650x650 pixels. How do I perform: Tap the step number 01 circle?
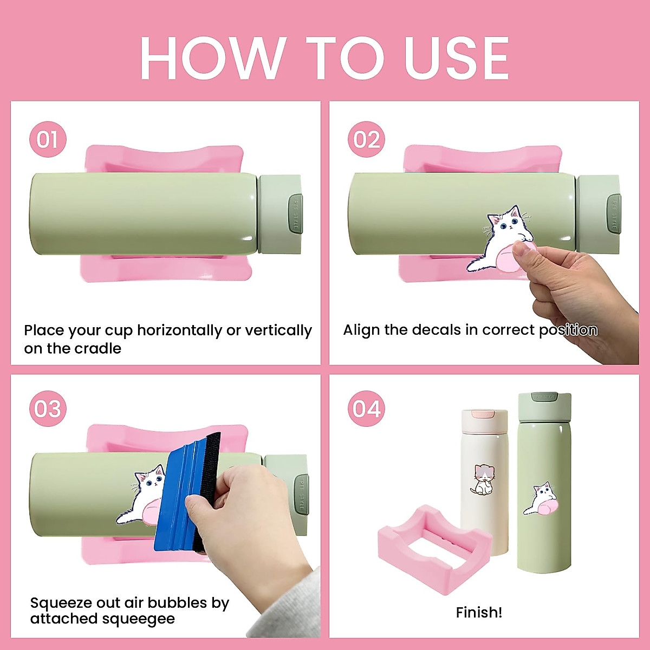pos(48,139)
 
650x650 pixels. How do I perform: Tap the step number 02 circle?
pos(366,139)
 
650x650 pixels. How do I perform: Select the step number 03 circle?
pos(48,408)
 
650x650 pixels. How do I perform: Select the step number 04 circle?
pos(366,408)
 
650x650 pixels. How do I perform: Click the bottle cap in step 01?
pos(279,214)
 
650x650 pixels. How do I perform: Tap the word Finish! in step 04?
pos(479,613)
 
